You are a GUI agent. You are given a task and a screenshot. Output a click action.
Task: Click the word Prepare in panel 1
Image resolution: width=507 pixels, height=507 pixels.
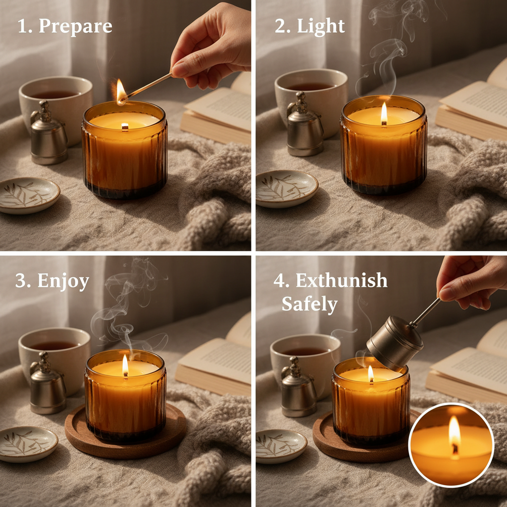pos(75,26)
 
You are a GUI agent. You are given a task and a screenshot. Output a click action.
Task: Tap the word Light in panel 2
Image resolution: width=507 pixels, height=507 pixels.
pos(320,26)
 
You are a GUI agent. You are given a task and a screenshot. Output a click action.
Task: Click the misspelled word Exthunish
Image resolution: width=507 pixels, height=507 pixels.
pos(341,280)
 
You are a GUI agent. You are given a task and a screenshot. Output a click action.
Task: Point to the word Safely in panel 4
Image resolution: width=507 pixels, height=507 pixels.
pos(309,304)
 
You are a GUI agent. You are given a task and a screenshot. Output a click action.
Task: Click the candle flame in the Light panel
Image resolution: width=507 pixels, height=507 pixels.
pos(384,114)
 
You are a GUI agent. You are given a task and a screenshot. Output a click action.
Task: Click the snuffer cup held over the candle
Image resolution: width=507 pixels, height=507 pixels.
pos(395,342)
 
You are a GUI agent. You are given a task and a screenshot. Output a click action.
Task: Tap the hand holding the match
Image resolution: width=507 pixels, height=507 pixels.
pos(213,47)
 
